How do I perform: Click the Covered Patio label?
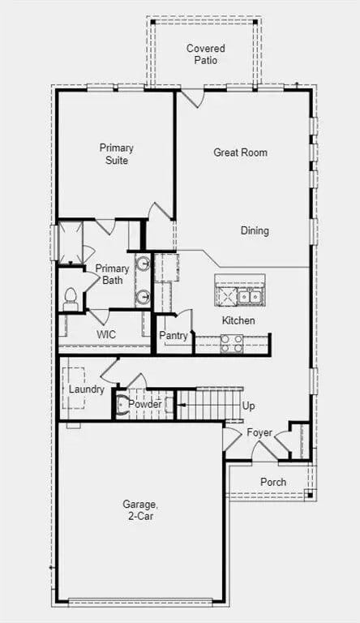click(x=206, y=54)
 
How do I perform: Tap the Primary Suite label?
click(x=117, y=154)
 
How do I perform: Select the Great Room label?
click(x=240, y=153)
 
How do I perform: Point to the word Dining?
click(x=255, y=231)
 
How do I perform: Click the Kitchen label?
click(x=238, y=320)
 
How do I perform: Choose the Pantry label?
click(x=174, y=336)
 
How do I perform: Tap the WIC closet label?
click(x=106, y=334)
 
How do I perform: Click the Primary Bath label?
click(x=112, y=274)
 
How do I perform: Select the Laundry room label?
click(x=86, y=389)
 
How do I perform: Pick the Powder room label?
click(x=145, y=404)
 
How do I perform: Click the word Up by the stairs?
click(x=249, y=406)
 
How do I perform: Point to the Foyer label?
click(x=259, y=432)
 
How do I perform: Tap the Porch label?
click(x=273, y=482)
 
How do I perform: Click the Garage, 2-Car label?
click(x=141, y=510)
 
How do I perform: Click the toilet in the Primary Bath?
click(x=70, y=299)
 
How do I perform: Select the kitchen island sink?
click(x=250, y=296)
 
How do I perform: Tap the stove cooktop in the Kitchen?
click(x=231, y=344)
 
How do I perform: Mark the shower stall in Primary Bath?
click(x=69, y=241)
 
